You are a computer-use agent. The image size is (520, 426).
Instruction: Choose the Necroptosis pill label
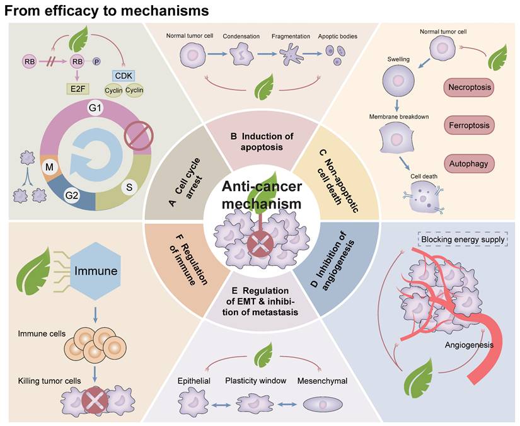(x=470, y=86)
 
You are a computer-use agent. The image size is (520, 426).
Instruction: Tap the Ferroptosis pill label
(x=470, y=125)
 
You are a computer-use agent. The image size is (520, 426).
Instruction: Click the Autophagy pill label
(x=470, y=164)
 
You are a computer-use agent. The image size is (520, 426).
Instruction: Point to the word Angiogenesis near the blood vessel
(x=469, y=345)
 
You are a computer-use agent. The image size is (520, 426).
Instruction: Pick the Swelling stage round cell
(x=399, y=82)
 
